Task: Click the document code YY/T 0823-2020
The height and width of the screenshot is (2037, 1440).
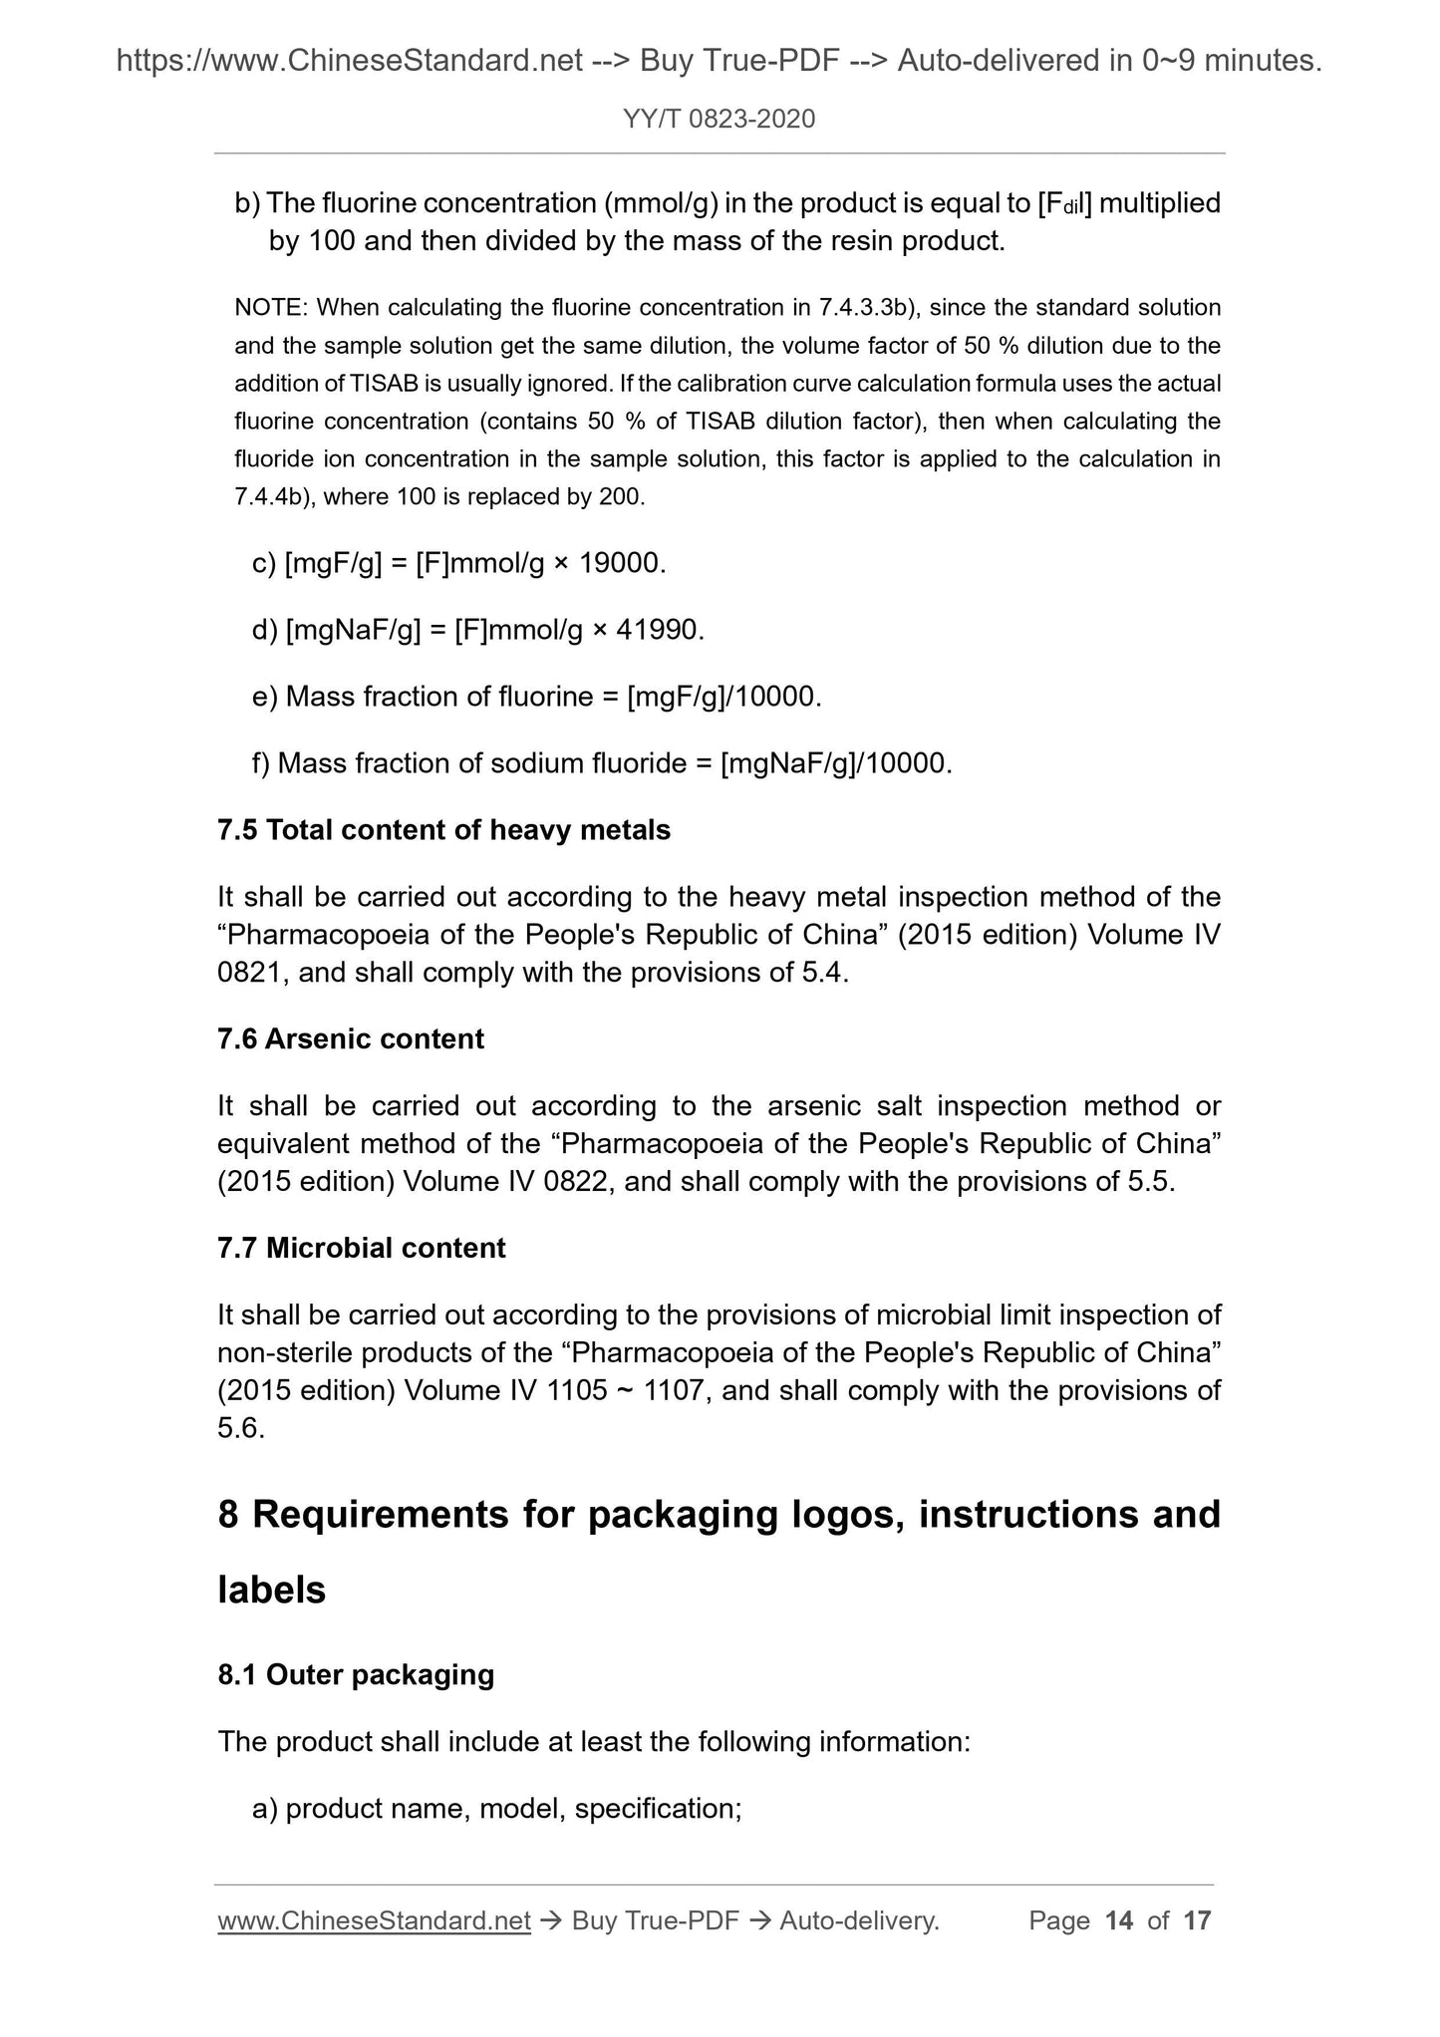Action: [719, 120]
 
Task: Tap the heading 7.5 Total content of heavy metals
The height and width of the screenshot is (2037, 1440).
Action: [443, 830]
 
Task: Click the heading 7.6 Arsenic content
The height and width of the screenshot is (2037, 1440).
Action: [351, 1039]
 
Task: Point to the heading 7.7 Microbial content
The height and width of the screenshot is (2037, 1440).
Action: [361, 1248]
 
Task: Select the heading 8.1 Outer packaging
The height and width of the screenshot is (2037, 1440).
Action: [356, 1674]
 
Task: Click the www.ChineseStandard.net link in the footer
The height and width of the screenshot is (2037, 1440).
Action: [374, 1920]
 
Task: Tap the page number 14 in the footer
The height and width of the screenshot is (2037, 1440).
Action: [1119, 1920]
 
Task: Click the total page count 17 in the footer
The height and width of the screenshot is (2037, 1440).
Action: [1197, 1920]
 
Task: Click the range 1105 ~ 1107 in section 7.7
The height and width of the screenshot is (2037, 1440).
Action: [626, 1390]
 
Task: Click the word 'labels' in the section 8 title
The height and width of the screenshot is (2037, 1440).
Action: [271, 1591]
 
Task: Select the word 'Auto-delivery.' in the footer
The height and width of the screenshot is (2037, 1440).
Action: [860, 1920]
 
